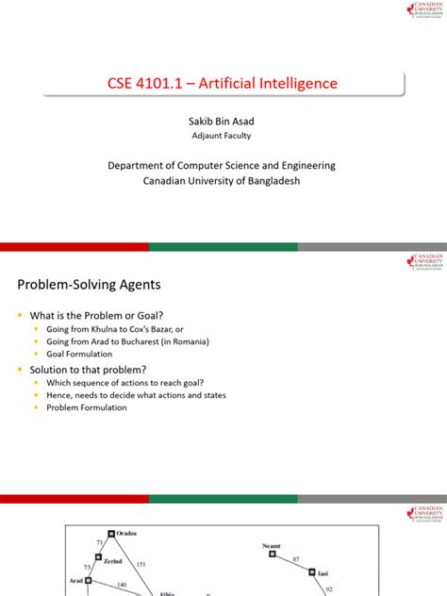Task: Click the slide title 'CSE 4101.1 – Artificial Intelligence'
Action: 224,83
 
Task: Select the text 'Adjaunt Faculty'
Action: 224,137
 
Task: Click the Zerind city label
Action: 112,561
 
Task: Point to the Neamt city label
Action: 272,545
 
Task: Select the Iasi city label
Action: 323,571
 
